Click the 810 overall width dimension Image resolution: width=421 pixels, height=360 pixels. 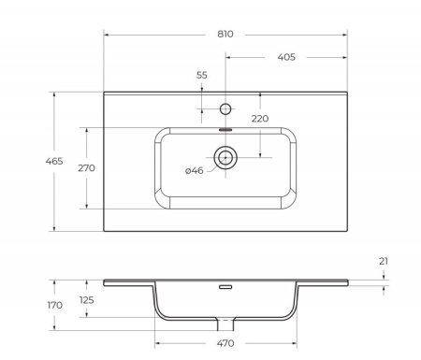pos(225,34)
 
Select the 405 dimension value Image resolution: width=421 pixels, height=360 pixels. pos(286,57)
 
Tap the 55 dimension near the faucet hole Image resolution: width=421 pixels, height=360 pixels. pos(202,75)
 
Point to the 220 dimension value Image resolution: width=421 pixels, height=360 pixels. pos(259,118)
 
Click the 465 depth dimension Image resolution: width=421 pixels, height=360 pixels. pos(28,162)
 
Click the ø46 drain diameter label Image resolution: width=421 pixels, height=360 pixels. pos(195,170)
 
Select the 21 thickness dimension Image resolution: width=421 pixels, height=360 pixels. pos(384,261)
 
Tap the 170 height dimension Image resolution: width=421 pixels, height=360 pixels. pos(28,305)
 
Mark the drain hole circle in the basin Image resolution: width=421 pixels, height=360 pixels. pos(225,157)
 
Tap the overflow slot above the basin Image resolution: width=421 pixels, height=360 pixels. pos(225,130)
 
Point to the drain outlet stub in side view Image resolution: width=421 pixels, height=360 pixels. pos(225,324)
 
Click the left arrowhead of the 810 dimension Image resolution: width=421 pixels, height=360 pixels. pos(106,35)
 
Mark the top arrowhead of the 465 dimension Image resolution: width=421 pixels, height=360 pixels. pos(54,94)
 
